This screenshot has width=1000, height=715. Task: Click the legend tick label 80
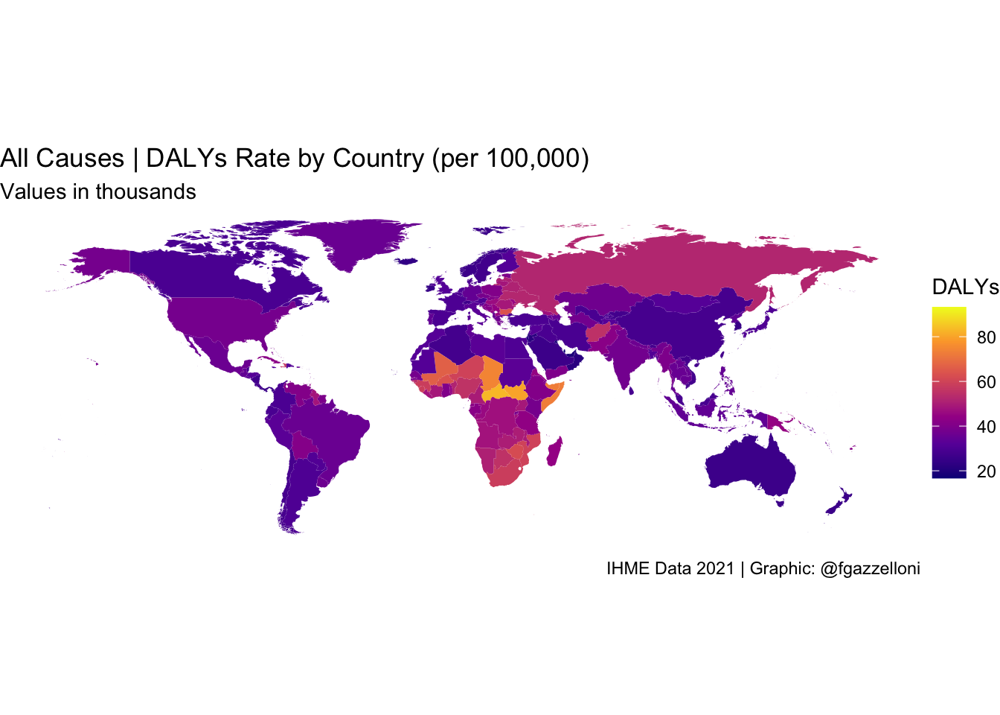click(x=986, y=337)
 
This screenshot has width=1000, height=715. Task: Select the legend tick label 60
click(x=986, y=382)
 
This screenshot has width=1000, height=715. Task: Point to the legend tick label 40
click(x=986, y=427)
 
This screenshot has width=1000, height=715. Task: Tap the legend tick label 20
click(x=986, y=471)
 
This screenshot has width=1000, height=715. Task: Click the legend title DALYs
click(x=965, y=287)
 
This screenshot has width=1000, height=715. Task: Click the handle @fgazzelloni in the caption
click(x=870, y=569)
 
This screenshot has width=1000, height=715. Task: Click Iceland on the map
click(x=407, y=261)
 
